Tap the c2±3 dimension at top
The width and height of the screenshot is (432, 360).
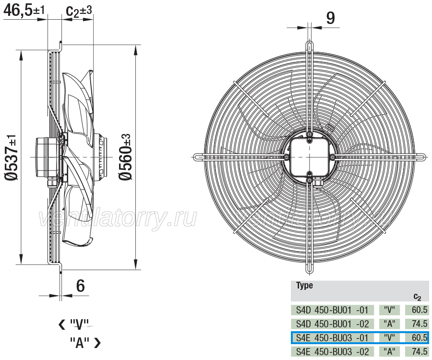point(79,11)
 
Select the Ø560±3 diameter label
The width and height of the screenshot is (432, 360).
point(125,157)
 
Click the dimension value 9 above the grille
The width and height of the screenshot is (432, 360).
point(330,18)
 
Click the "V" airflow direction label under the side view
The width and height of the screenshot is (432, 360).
point(74,324)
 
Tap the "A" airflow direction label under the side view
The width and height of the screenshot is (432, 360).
point(85,343)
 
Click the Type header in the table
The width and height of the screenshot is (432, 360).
point(304,286)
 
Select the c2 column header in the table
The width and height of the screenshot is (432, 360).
point(418,297)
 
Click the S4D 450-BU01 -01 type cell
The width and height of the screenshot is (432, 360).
point(332,310)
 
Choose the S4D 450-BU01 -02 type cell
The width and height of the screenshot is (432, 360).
point(332,324)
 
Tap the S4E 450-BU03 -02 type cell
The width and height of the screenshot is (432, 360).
point(332,352)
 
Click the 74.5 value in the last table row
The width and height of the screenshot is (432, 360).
point(420,352)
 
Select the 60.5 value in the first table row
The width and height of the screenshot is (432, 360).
point(420,310)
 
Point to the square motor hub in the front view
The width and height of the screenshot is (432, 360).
point(310,157)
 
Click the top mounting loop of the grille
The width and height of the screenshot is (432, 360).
point(310,47)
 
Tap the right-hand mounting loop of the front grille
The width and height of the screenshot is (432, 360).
point(419,157)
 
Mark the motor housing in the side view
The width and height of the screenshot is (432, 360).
point(47,157)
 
